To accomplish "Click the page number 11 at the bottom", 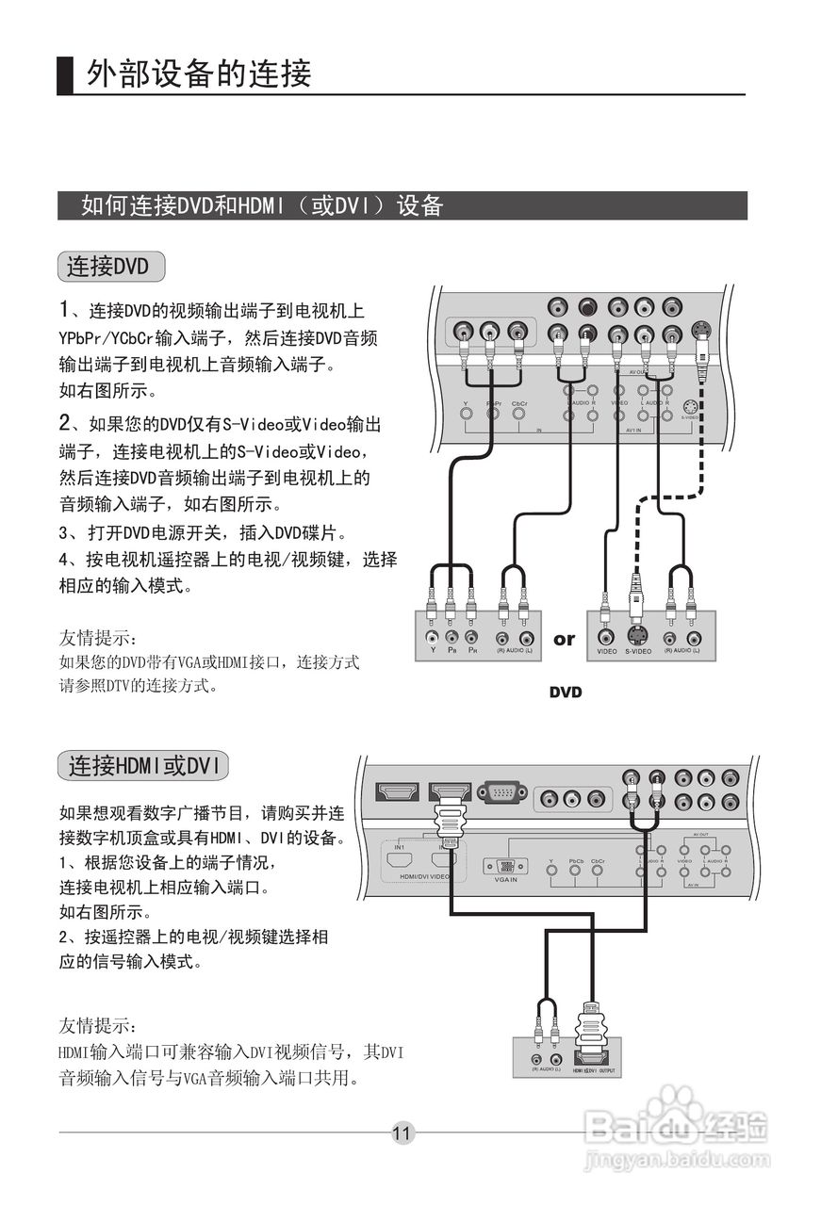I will pos(402,1133).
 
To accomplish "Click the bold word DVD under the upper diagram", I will pos(566,693).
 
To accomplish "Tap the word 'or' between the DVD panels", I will pos(564,640).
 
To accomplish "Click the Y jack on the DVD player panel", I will pos(432,638).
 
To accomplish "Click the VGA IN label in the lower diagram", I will pos(505,880).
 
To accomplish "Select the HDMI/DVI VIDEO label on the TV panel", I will pos(425,876).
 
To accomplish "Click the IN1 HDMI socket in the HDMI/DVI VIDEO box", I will pos(400,859).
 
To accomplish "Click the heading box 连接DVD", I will pos(110,267).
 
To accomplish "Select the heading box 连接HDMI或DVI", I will pos(142,766).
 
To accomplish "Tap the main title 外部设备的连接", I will pos(199,73).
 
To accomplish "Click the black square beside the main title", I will pos(65,75).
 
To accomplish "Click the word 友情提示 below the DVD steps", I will pos(98,640).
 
